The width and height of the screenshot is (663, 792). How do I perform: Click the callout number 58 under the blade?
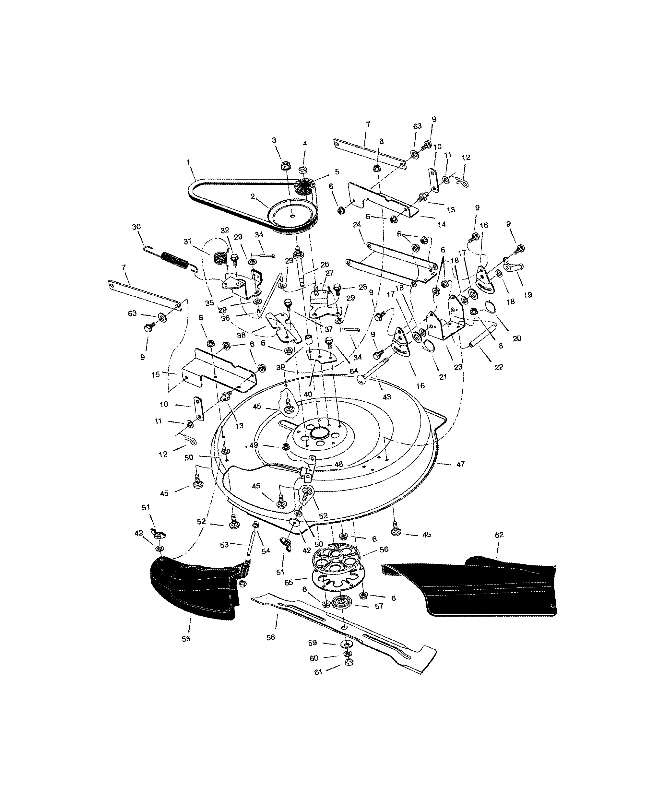pos(270,637)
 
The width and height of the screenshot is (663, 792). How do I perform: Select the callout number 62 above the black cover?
pos(499,535)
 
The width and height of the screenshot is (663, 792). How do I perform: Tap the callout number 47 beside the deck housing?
pos(460,464)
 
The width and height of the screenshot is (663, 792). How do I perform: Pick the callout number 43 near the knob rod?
pos(386,397)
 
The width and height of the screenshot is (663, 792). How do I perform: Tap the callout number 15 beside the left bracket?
pos(155,375)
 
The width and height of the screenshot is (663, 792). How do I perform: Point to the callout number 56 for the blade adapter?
pos(384,550)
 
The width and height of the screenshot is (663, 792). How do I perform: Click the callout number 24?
pos(357,224)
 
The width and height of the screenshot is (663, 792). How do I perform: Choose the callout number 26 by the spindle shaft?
pos(324,265)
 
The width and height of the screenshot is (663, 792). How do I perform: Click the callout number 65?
pos(289,583)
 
